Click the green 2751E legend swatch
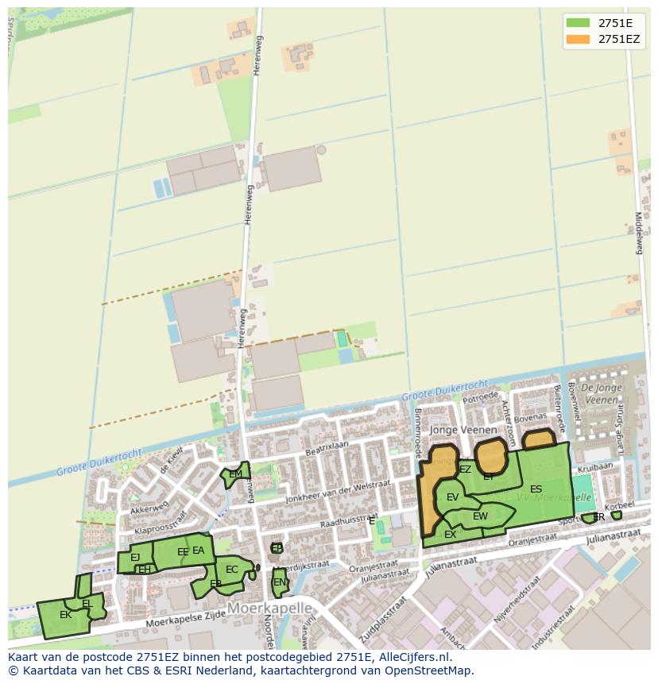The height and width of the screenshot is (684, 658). [578, 23]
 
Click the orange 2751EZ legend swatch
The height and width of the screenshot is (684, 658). [578, 39]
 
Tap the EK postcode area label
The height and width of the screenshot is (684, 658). [65, 614]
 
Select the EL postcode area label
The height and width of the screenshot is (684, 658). [87, 604]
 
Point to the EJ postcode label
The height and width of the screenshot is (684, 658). [135, 558]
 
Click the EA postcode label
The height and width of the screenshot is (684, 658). [199, 550]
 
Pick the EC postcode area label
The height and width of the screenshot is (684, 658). [232, 569]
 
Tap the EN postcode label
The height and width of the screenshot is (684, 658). [280, 582]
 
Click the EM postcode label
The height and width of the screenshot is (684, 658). [236, 474]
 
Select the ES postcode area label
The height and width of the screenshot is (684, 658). [536, 489]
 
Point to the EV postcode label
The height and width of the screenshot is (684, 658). [453, 497]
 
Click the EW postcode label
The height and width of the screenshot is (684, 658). [481, 516]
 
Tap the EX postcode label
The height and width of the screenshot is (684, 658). [451, 535]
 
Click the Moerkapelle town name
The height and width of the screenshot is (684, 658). [269, 608]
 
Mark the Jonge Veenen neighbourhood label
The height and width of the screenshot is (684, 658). [452, 430]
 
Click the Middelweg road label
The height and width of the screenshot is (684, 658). [639, 232]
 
